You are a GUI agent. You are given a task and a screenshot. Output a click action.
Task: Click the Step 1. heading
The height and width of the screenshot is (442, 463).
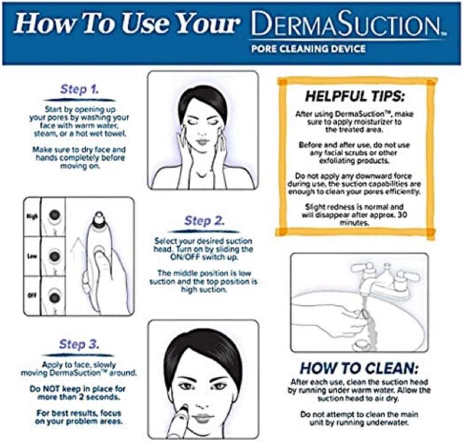[x=80, y=89]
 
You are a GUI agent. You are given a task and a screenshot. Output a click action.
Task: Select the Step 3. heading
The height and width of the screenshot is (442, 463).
[x=79, y=345]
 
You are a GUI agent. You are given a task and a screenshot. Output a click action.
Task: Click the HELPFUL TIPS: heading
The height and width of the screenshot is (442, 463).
[x=355, y=97]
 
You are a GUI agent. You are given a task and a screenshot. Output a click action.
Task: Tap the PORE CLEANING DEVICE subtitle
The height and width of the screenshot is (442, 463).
[x=307, y=49]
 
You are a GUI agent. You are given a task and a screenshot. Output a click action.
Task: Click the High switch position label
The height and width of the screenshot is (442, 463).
[x=31, y=216]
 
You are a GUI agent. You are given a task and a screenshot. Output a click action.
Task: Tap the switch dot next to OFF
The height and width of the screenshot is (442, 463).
[x=55, y=297]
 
